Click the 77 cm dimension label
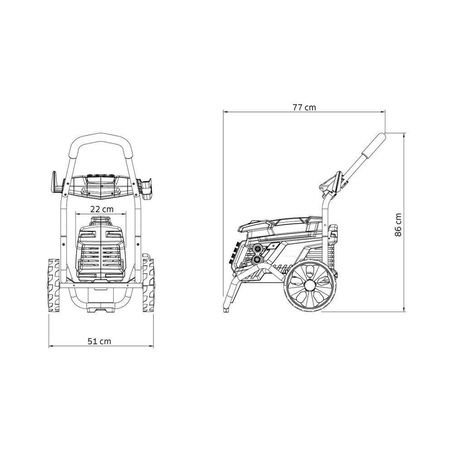pos(304,108)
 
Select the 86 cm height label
pos(398,224)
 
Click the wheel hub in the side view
pos(310,285)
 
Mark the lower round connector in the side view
pos(258,260)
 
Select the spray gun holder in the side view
pos(332,183)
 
